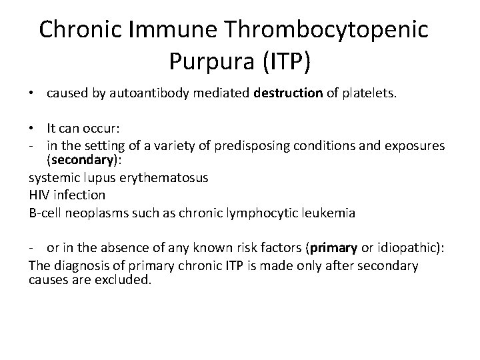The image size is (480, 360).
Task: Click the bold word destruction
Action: coord(289,94)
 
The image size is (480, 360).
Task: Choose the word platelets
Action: coord(369,94)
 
